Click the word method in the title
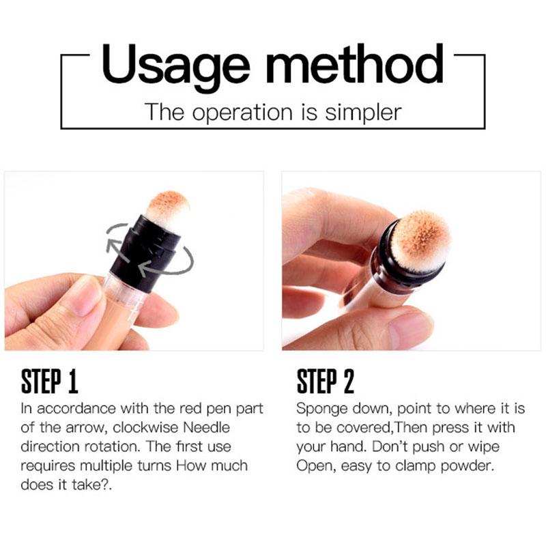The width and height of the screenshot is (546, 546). pos(354,65)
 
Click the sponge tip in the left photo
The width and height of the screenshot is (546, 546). pos(167,206)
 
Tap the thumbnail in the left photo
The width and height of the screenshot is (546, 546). pos(83,295)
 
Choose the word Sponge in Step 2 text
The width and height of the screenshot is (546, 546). pos(320,409)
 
